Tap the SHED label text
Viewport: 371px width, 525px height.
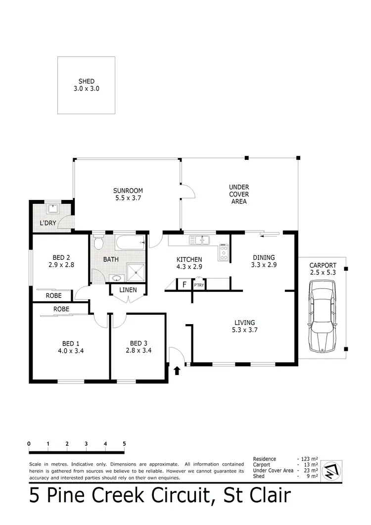click(86, 82)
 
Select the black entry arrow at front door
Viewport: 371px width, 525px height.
click(177, 369)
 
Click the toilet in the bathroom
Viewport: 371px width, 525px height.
click(98, 243)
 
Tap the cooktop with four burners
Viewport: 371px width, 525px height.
click(224, 252)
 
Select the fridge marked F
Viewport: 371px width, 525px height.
click(185, 285)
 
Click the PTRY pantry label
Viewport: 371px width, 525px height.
click(199, 285)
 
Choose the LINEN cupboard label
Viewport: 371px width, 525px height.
click(128, 290)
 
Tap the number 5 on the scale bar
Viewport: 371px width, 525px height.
click(124, 444)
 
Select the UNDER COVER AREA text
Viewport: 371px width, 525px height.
click(239, 194)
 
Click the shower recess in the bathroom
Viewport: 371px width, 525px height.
click(136, 271)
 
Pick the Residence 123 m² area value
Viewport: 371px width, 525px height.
click(309, 459)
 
